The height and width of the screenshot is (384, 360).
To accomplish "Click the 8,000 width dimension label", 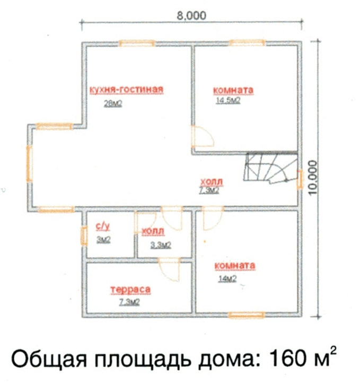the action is pos(191,16).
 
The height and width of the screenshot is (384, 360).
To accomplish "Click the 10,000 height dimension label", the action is pos(312,178).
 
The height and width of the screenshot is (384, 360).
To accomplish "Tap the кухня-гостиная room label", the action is pos(127,90).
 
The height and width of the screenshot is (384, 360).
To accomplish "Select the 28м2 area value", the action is pos(113,103).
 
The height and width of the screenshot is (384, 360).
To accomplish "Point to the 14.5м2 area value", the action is pos(228,100).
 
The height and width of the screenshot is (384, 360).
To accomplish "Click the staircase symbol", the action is pos(271,168).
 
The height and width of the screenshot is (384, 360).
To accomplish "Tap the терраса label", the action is pos(130,290).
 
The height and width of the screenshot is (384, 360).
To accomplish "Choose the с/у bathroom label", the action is pos(103,227).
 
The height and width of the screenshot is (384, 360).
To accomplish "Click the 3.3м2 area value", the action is pos(161,245).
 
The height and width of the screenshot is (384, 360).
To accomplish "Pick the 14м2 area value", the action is pos(227,278).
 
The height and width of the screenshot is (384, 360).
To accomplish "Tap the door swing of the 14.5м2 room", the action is pos(203,136).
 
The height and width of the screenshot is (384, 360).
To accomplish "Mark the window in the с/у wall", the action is pos(84,235).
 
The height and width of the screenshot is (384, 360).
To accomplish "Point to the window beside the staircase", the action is pos(300,179).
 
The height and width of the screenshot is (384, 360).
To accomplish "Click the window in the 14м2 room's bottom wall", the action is pos(246,315).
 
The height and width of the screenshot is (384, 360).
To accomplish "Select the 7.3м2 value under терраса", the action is pos(129,302).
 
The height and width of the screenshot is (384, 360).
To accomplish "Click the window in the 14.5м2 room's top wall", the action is pos(247,43).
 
